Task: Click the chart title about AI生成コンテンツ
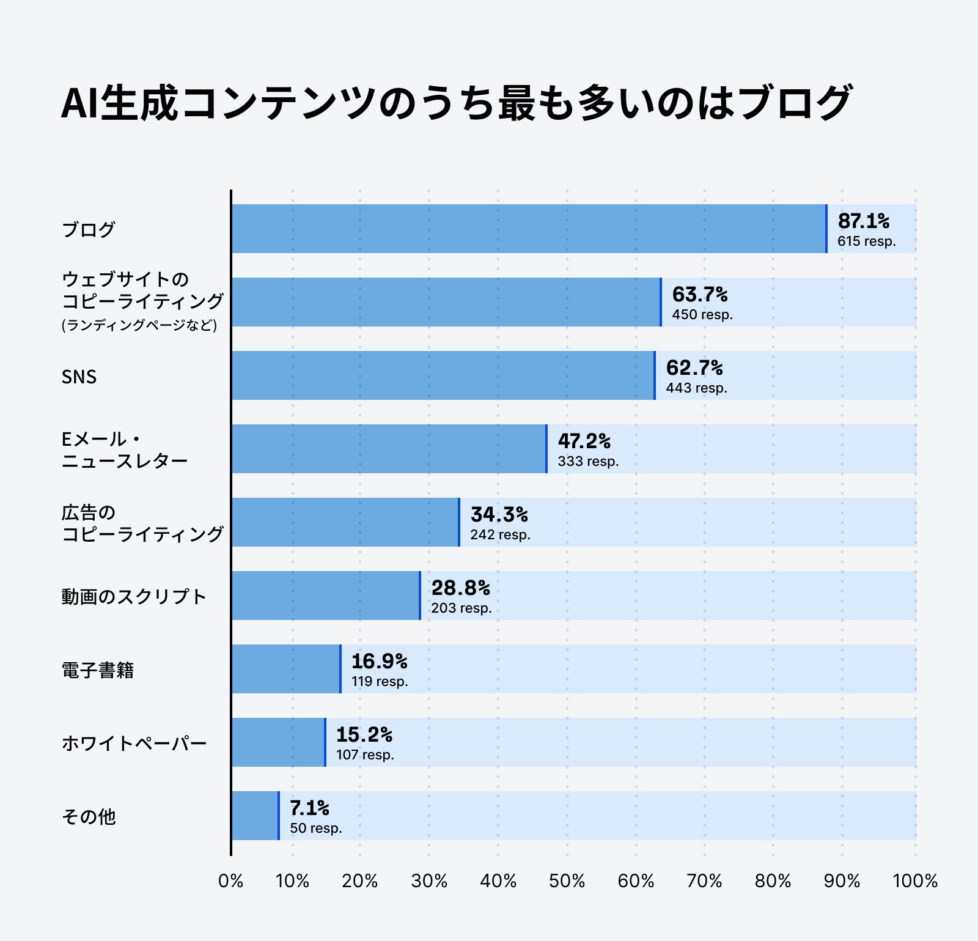point(455,103)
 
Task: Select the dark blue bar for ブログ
point(529,229)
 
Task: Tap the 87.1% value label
point(863,221)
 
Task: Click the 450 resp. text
point(702,315)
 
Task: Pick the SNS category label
point(79,377)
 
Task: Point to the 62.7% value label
point(694,367)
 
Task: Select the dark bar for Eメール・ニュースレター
point(389,449)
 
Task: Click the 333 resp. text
point(588,462)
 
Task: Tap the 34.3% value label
point(499,514)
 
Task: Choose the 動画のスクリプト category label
point(134,596)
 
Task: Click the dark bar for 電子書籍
point(286,669)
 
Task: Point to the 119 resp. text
point(380,682)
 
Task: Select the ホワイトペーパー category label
point(134,743)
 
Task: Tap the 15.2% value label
point(364,734)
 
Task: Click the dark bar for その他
point(255,816)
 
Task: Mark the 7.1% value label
point(309,808)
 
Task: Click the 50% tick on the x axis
point(567,881)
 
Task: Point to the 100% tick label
point(914,881)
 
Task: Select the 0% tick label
point(231,881)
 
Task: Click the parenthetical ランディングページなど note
point(139,325)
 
